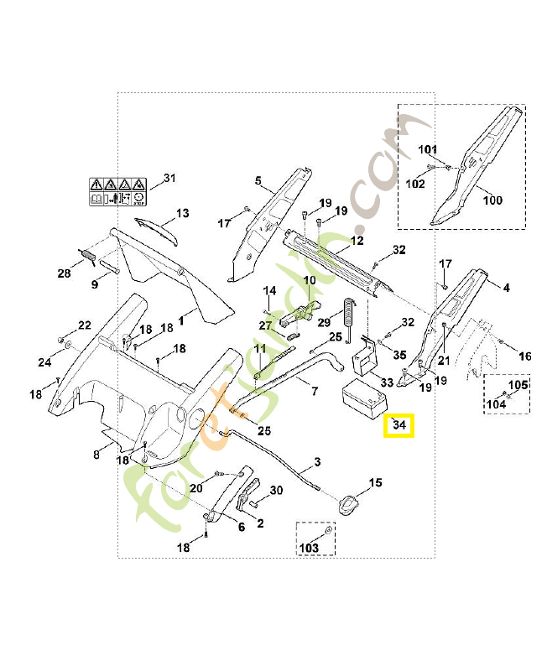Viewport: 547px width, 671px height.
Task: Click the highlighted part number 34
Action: coord(399,425)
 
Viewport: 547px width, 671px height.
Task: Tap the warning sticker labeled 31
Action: coord(117,192)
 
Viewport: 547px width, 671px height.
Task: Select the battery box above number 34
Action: coord(364,398)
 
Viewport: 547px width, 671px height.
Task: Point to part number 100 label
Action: coord(492,200)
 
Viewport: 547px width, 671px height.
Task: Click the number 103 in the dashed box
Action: coord(309,548)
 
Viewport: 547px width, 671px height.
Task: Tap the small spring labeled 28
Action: coord(89,257)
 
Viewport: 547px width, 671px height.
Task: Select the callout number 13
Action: coord(183,213)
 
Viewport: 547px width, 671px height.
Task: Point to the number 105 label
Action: coord(518,385)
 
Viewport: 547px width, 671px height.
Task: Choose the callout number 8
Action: coord(96,454)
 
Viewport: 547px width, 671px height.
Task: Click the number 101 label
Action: coord(427,149)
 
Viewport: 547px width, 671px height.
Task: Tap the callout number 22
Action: coord(85,325)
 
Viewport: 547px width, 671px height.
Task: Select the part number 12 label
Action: coord(357,241)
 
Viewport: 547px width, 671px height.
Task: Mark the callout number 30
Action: coord(276,490)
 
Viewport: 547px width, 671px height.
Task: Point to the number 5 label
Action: coord(258,180)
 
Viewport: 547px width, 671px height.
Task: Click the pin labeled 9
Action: coord(110,266)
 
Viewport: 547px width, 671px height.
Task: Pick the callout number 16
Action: coord(524,356)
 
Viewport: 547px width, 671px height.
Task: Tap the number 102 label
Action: coord(415,184)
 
